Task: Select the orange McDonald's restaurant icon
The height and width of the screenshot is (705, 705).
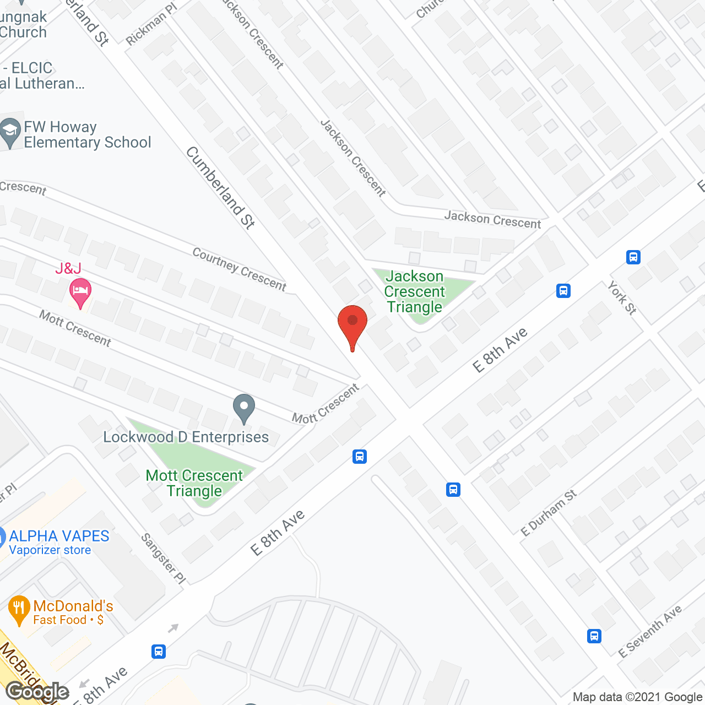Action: coord(19,609)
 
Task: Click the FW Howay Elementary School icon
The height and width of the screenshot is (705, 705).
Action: coord(10,133)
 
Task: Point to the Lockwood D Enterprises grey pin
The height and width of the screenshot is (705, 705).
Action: coord(244,408)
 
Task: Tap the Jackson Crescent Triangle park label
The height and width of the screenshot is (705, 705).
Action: coord(414,291)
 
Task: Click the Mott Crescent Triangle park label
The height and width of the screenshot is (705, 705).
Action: coord(194,483)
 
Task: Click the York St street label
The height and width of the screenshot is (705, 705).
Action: coord(622,297)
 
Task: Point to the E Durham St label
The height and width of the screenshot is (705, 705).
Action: coord(549,512)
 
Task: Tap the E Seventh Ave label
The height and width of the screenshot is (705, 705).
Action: coord(650,631)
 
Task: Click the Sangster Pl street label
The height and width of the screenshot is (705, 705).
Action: coord(164,558)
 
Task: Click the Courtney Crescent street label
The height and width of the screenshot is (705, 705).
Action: coord(240,269)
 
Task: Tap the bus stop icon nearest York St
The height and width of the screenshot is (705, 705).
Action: coord(633,257)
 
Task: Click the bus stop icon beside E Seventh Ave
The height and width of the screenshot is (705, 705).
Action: coord(594,636)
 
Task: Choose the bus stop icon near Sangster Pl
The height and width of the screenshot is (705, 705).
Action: coord(159,652)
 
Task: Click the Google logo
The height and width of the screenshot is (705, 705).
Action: coord(37,692)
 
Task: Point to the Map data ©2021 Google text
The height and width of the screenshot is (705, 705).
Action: coord(637,697)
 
